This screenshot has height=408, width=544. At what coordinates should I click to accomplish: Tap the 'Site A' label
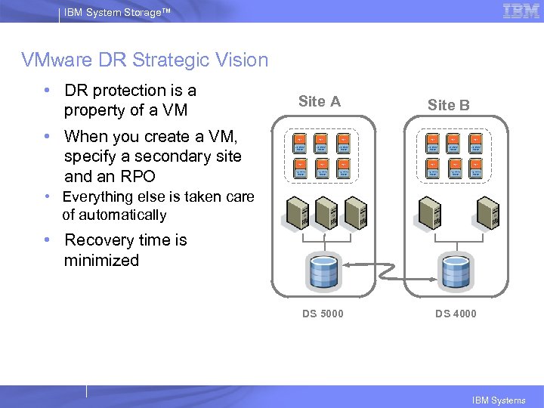[x=319, y=101]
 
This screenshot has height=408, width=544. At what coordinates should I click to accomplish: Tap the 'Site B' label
[x=448, y=105]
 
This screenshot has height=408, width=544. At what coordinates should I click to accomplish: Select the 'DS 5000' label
[x=323, y=314]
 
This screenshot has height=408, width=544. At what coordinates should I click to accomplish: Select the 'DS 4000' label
[x=456, y=314]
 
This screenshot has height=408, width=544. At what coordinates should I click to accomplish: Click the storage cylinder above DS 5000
[x=323, y=273]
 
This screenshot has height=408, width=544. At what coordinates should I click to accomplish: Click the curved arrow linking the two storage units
[x=389, y=263]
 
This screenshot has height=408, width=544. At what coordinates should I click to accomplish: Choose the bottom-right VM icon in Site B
[x=477, y=168]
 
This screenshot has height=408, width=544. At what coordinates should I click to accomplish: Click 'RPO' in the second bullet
[x=138, y=177]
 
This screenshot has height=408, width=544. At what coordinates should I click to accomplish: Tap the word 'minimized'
[x=102, y=261]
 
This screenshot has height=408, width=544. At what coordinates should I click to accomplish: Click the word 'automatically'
[x=114, y=215]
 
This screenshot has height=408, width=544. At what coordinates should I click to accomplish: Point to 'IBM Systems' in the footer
[x=498, y=400]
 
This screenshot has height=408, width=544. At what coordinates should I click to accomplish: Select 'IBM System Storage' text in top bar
[x=109, y=11]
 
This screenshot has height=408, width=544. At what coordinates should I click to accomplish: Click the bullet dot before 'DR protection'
[x=48, y=91]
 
